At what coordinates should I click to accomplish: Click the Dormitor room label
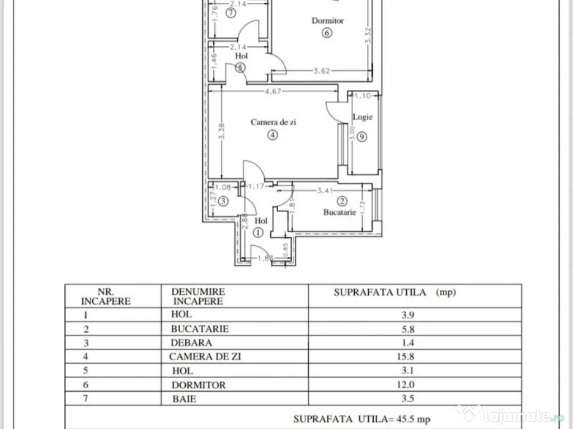click(327, 21)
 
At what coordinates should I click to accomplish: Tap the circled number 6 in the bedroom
click(327, 32)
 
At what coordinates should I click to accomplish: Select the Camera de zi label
click(273, 122)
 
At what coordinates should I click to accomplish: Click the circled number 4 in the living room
click(273, 135)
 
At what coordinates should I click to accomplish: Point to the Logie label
click(362, 117)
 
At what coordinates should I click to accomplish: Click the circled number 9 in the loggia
click(362, 136)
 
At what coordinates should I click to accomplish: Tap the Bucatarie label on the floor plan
click(340, 212)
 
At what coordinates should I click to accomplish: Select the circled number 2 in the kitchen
click(342, 201)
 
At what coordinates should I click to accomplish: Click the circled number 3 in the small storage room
click(223, 202)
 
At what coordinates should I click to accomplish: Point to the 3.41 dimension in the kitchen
click(326, 190)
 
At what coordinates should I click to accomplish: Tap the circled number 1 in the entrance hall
click(258, 233)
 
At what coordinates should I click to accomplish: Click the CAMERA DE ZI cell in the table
click(206, 356)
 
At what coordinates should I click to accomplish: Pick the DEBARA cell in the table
click(192, 342)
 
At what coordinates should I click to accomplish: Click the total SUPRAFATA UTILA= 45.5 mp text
click(362, 418)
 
